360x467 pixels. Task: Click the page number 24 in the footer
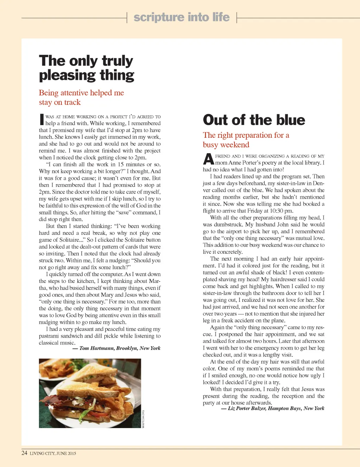click(x=24, y=453)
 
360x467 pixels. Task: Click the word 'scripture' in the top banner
click(x=159, y=17)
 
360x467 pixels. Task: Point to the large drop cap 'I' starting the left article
click(x=41, y=119)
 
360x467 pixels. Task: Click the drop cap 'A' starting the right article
click(x=208, y=159)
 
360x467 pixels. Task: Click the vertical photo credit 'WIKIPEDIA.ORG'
click(x=143, y=419)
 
